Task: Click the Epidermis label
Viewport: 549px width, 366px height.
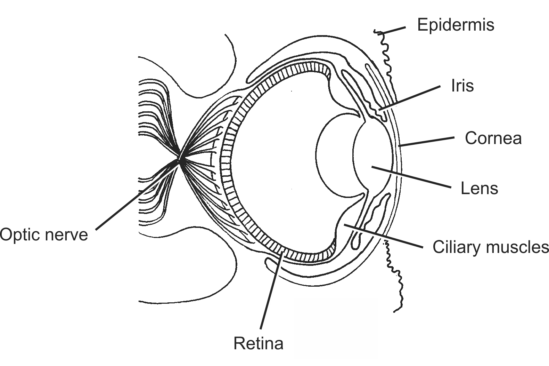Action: [x=456, y=25]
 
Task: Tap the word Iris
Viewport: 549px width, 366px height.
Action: [x=462, y=86]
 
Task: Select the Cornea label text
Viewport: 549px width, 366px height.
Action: [x=493, y=138]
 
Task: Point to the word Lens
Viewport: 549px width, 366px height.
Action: [x=479, y=189]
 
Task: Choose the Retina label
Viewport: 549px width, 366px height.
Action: [x=258, y=343]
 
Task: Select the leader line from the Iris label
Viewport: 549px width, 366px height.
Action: [x=410, y=98]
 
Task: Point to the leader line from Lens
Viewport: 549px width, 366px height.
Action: [x=411, y=177]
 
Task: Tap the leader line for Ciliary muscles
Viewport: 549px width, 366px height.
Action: [x=382, y=236]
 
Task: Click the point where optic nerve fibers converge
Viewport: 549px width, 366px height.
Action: [x=180, y=160]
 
